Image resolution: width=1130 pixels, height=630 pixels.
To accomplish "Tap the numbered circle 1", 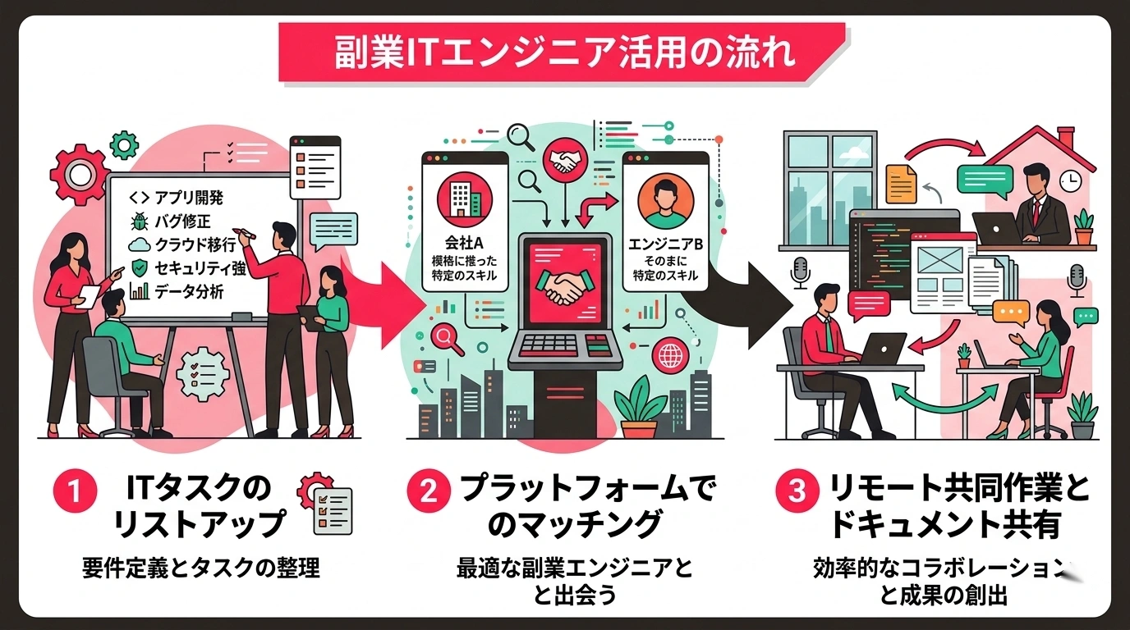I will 75,491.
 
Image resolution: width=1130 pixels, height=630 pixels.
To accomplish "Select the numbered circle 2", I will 429,491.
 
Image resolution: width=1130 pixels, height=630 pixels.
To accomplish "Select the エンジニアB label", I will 665,244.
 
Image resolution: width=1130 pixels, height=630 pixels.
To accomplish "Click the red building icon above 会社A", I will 465,200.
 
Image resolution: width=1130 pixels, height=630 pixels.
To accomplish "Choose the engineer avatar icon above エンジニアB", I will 665,200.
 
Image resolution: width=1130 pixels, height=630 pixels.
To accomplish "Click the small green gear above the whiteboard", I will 124,145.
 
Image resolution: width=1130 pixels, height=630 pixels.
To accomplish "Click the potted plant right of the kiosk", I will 639,408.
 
